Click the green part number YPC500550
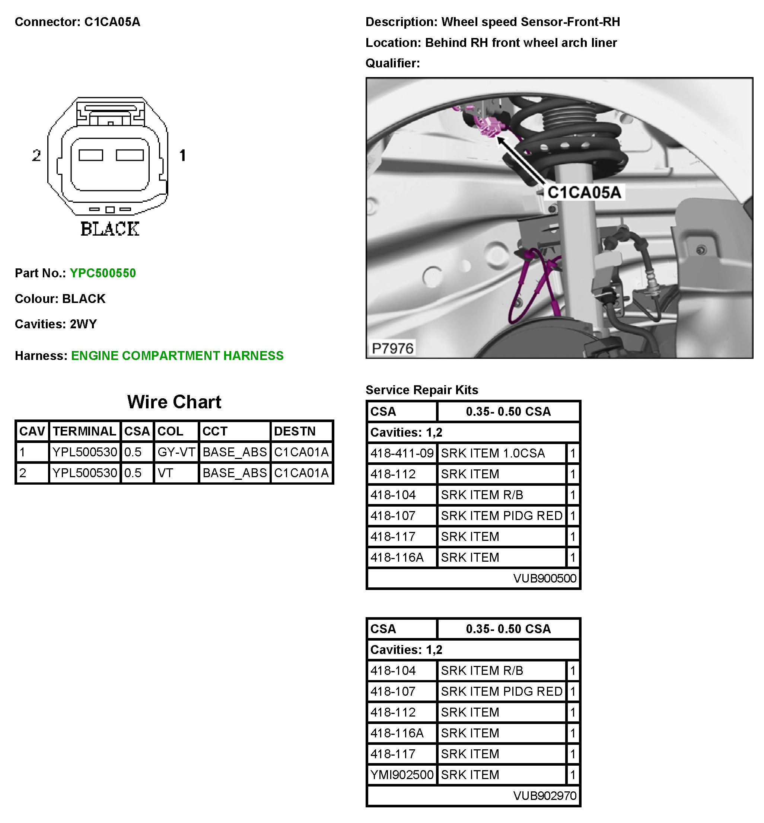(102, 273)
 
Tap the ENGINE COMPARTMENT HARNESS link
(177, 355)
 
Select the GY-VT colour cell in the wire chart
(176, 452)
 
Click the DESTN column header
(295, 431)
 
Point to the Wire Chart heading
(174, 402)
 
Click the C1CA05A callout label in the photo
(584, 192)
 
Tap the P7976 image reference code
(392, 348)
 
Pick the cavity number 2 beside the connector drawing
(36, 156)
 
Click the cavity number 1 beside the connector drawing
(182, 156)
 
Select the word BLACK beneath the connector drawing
(110, 229)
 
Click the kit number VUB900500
(544, 578)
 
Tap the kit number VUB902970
(544, 796)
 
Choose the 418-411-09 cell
(402, 453)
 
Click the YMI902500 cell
(402, 775)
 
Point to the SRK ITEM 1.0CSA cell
(493, 453)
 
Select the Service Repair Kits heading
(422, 390)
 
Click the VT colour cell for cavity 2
(165, 473)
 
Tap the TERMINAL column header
(85, 431)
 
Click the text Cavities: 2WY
(56, 324)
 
